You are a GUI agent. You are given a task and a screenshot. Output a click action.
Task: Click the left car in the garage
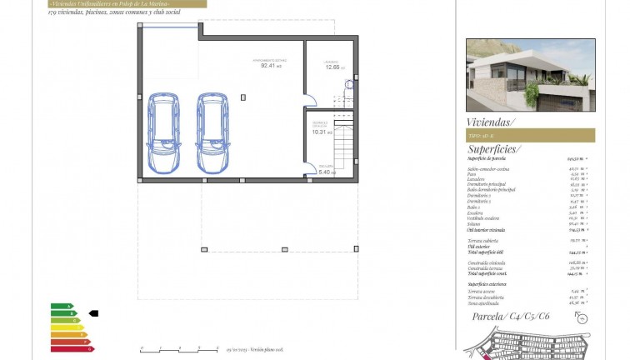[x=162, y=132]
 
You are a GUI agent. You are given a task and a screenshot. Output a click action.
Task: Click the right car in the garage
[x=212, y=132]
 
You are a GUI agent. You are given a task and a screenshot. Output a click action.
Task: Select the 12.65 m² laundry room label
[x=332, y=66]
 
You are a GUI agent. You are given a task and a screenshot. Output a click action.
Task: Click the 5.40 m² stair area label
[x=326, y=172]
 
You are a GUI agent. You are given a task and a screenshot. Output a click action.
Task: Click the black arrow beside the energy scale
[x=93, y=313]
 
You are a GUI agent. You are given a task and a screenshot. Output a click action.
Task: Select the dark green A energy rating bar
[x=61, y=306]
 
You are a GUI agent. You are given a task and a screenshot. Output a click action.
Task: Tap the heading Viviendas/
[x=492, y=122]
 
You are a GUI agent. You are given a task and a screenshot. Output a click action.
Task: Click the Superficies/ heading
[x=494, y=149]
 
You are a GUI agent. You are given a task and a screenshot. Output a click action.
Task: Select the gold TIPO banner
[x=530, y=135]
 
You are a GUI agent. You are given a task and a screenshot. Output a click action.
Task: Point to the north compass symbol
[x=582, y=318]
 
